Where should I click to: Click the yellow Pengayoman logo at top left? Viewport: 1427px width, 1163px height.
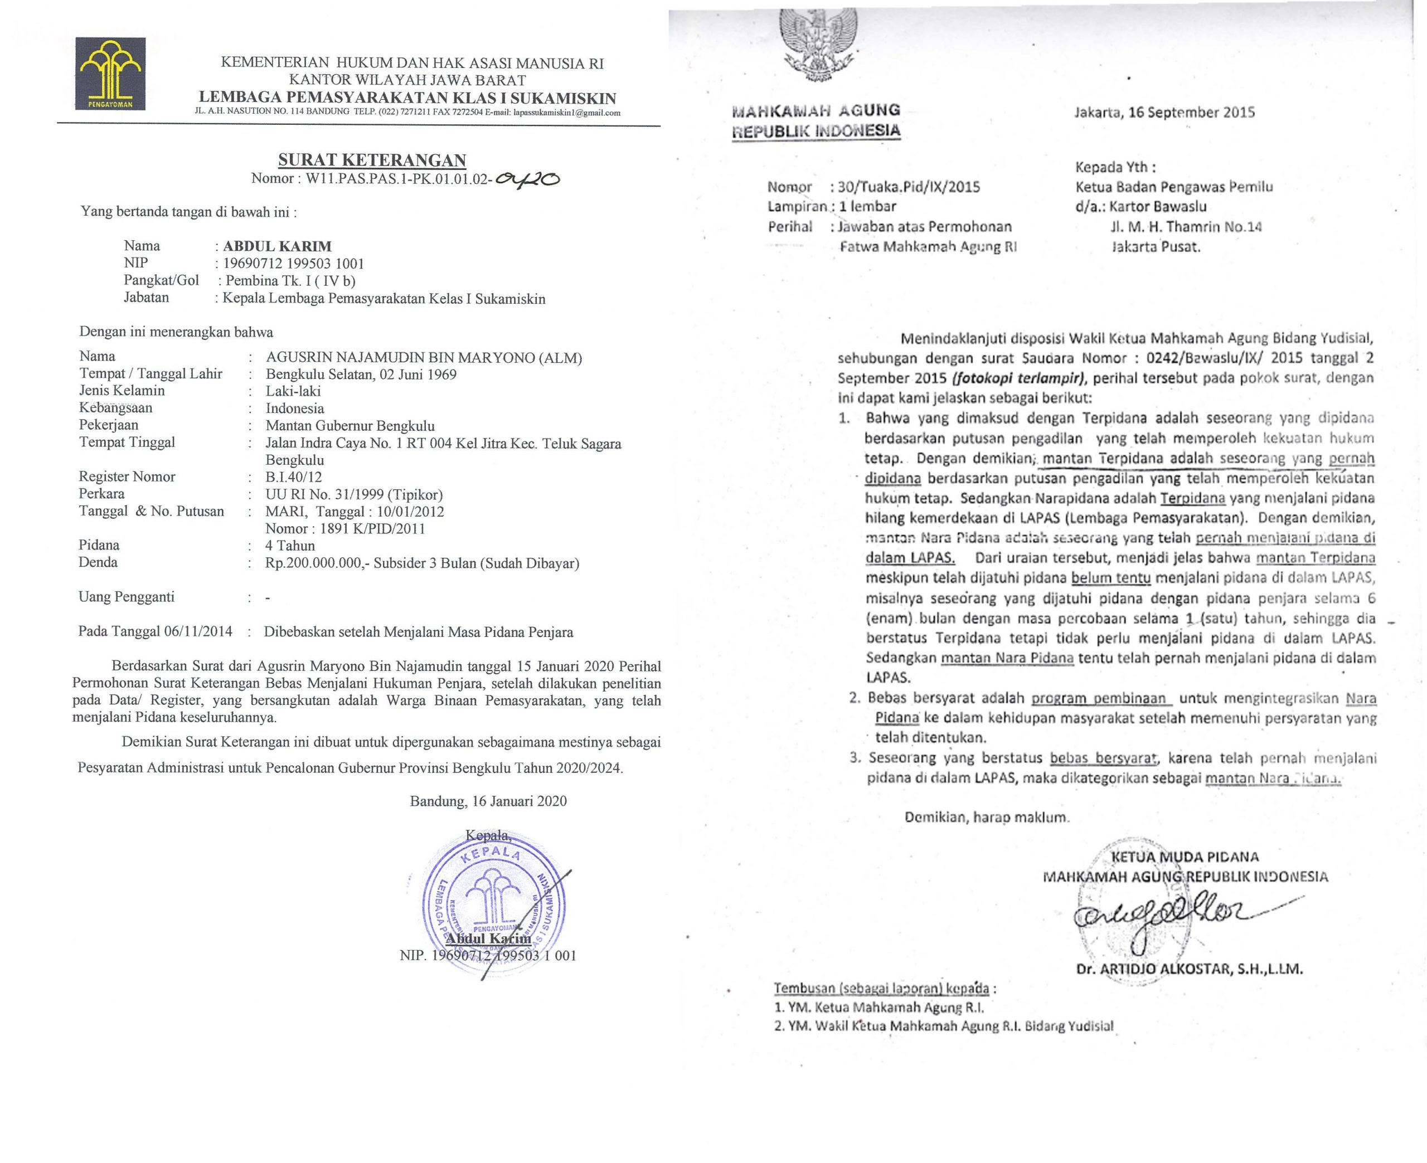(110, 73)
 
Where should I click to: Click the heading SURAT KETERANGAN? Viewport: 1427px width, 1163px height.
(372, 160)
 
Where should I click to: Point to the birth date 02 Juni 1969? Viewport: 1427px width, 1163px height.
(418, 374)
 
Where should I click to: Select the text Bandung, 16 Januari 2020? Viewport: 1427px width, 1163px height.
(488, 801)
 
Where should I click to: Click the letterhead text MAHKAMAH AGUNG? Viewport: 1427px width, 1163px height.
(816, 110)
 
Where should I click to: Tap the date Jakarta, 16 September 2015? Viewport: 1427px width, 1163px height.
(1164, 112)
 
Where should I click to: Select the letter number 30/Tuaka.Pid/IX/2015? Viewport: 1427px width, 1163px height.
(909, 187)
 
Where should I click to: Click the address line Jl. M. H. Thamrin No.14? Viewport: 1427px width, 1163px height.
(1186, 226)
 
